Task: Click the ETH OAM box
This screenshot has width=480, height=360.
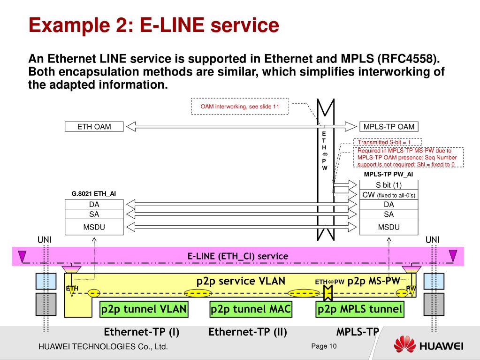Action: click(94, 126)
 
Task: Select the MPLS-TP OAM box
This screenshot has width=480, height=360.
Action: click(389, 126)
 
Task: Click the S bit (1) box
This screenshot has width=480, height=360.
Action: click(389, 185)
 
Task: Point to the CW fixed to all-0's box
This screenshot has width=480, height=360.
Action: click(389, 195)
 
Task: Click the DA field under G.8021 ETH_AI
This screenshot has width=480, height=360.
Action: click(94, 204)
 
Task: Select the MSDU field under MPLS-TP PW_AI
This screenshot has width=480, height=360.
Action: click(389, 227)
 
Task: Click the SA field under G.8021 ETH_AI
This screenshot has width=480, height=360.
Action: click(94, 214)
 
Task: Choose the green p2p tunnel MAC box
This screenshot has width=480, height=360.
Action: click(251, 309)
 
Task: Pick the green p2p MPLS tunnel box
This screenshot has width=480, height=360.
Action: click(360, 309)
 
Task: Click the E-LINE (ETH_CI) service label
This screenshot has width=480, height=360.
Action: click(238, 256)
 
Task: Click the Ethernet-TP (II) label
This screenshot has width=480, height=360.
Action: click(247, 332)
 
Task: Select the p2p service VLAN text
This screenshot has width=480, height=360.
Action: click(240, 281)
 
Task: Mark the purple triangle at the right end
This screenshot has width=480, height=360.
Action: click(453, 256)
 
